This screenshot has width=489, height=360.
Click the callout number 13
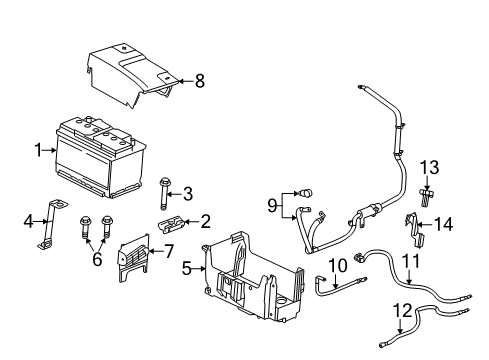click(x=430, y=165)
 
